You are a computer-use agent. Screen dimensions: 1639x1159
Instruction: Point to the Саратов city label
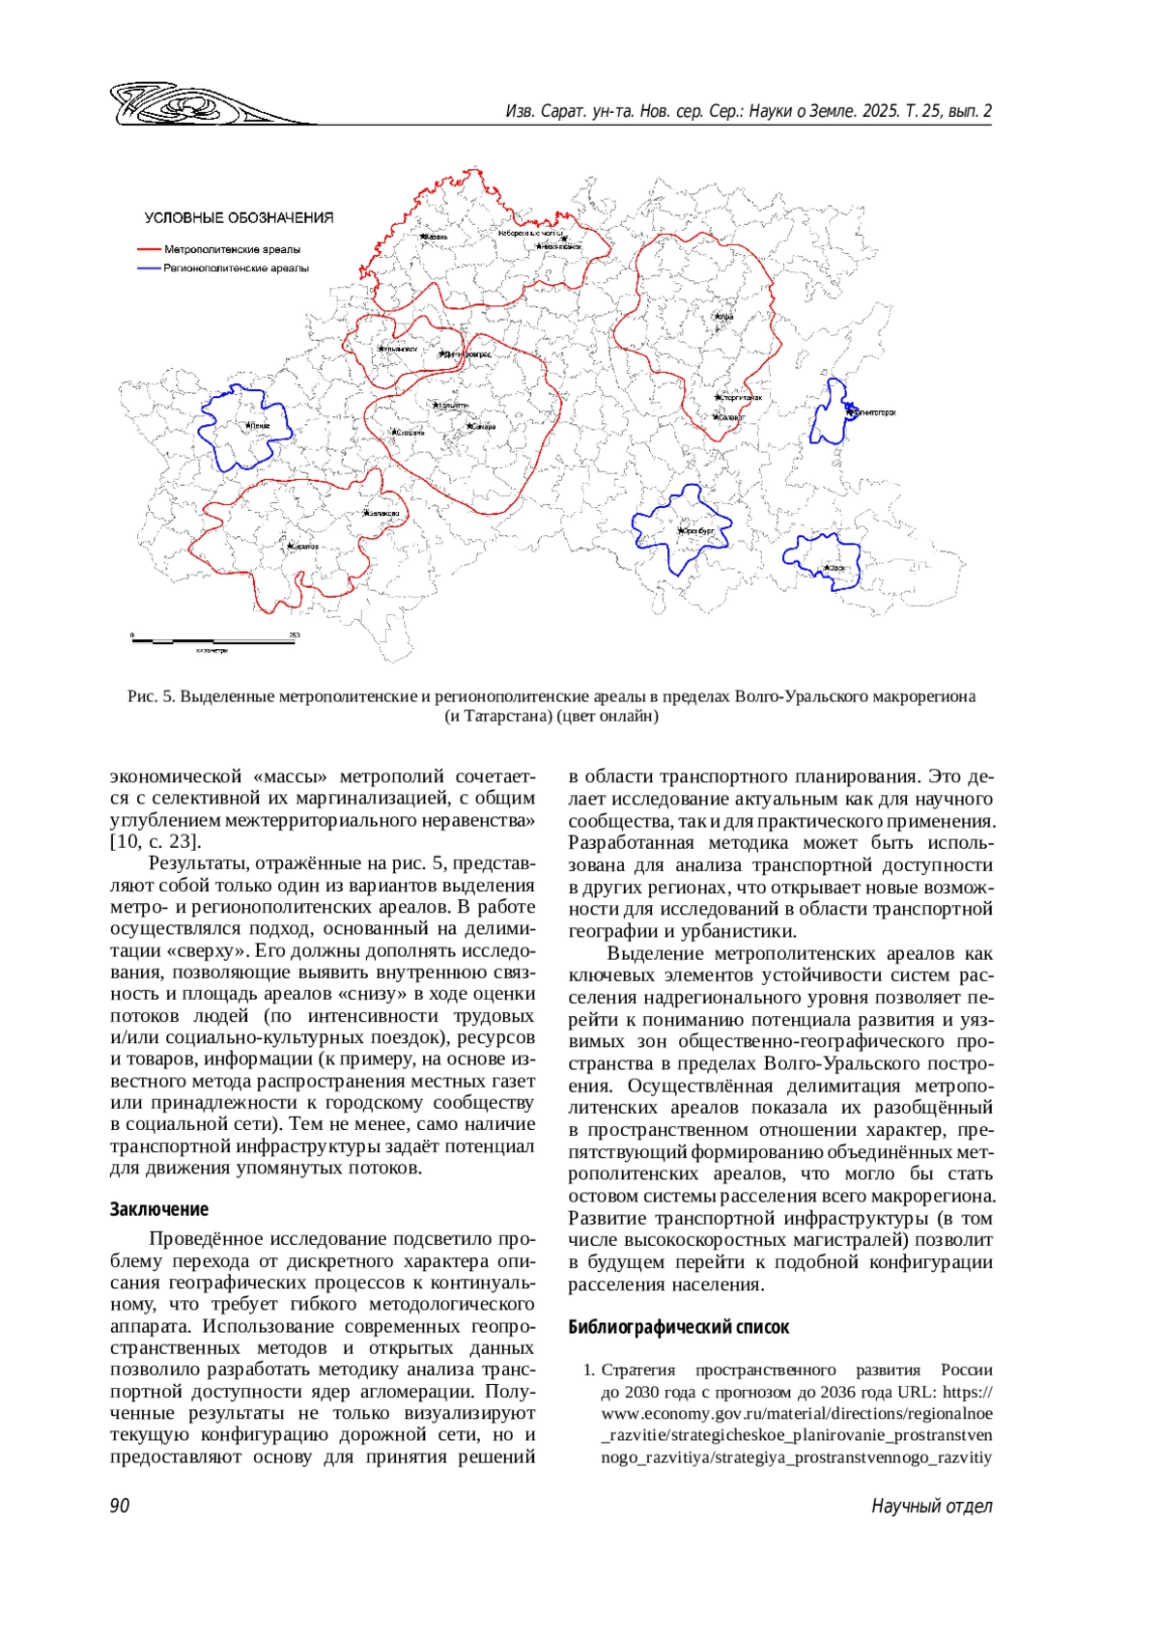click(301, 547)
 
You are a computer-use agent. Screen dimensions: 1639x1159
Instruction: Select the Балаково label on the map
click(382, 514)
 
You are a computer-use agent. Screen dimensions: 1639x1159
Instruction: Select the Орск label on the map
click(834, 568)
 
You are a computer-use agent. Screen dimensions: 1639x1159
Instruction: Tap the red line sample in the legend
click(150, 249)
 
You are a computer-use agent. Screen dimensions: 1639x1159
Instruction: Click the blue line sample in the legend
click(150, 268)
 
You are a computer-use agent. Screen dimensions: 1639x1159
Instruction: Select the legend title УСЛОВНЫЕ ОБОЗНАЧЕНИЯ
click(239, 218)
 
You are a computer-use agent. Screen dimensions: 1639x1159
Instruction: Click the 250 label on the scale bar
click(294, 635)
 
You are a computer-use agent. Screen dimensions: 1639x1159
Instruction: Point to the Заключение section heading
click(158, 1209)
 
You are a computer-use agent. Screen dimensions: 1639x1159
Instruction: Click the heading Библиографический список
click(678, 1327)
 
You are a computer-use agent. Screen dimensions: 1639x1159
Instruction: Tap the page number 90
click(120, 1506)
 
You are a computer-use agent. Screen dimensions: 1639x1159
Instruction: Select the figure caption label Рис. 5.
click(151, 696)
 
